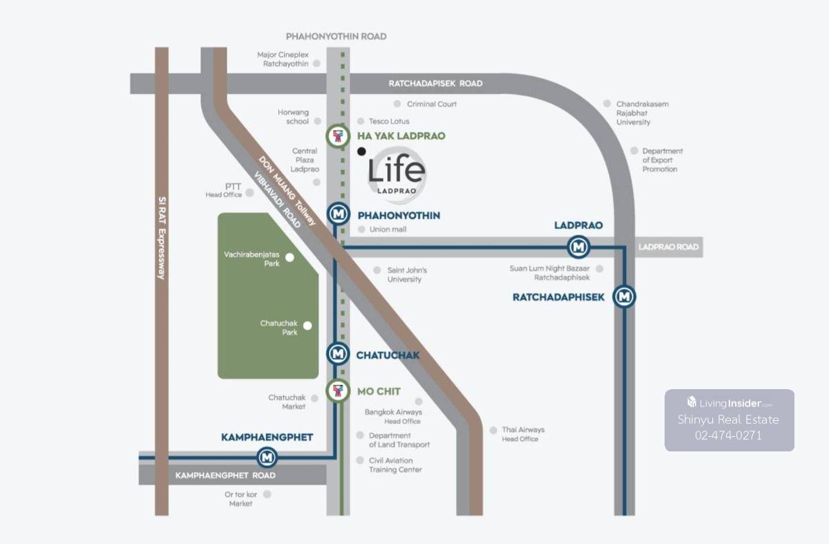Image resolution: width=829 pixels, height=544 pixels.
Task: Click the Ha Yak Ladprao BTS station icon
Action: click(x=337, y=136)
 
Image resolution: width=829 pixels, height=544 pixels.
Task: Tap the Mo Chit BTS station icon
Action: click(x=337, y=391)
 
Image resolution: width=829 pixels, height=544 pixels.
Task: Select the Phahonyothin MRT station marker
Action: click(x=337, y=215)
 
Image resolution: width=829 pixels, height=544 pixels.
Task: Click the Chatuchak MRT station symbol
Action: click(x=337, y=355)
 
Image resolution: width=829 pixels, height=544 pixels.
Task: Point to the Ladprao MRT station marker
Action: click(x=578, y=246)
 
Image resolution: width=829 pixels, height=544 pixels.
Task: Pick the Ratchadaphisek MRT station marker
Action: click(x=625, y=297)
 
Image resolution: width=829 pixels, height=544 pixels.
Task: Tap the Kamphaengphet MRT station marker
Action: click(x=267, y=457)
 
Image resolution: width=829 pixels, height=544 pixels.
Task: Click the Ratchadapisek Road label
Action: click(x=435, y=84)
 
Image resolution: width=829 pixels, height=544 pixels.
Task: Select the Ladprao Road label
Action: click(x=668, y=247)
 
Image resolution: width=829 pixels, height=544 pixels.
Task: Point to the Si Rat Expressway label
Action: click(x=162, y=238)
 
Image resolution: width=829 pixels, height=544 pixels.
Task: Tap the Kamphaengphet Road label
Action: click(x=225, y=476)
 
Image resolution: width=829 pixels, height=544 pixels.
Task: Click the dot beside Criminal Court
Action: click(x=397, y=104)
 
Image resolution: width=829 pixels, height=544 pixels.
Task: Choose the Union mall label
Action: click(x=388, y=229)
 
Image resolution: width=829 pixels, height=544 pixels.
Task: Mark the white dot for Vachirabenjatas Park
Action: click(x=290, y=257)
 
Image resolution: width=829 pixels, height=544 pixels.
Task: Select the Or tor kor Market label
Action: click(x=240, y=499)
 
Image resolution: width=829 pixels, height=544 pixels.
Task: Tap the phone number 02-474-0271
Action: click(x=728, y=435)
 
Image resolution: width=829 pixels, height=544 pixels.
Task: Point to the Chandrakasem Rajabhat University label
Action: click(x=642, y=113)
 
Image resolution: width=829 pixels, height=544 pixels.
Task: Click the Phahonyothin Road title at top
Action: click(x=336, y=36)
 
